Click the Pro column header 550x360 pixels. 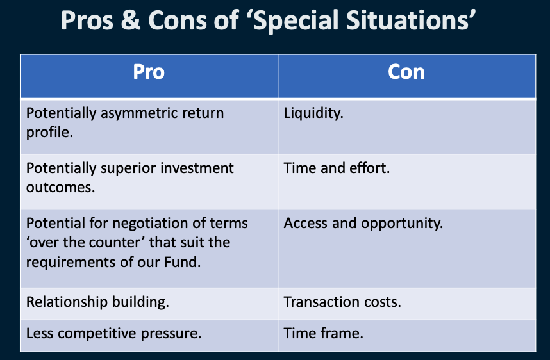tap(149, 72)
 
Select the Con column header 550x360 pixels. tap(406, 72)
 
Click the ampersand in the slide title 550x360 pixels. tap(131, 20)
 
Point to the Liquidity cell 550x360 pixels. tap(313, 113)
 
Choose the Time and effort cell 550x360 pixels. tap(337, 168)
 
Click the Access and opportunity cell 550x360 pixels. tap(363, 224)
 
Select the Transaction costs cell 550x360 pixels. tap(342, 302)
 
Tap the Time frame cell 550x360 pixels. tap(323, 333)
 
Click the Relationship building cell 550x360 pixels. tap(97, 302)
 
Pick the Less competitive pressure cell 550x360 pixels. tap(113, 333)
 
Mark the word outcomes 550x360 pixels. tap(60, 188)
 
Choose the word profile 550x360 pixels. tap(49, 133)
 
